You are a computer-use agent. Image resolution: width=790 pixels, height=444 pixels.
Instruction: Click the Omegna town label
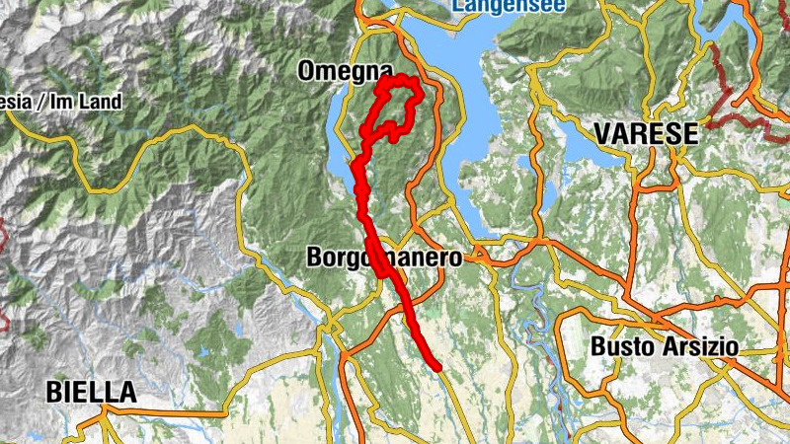(338, 71)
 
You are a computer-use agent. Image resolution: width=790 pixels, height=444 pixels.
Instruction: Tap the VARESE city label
(647, 133)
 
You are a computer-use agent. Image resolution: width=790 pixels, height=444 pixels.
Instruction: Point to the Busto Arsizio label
(665, 346)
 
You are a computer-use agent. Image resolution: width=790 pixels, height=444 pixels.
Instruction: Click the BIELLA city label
(91, 392)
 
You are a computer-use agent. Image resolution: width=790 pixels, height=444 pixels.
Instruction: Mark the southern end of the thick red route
(435, 366)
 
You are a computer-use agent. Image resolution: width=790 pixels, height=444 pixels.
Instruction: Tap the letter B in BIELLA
(54, 392)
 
